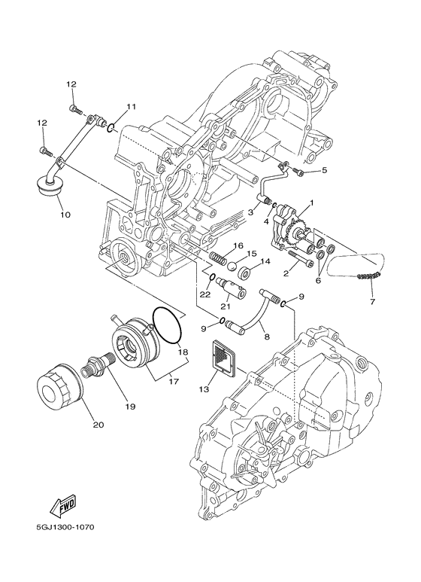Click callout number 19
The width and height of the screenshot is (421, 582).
coord(129,407)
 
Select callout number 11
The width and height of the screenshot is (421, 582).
coord(131,106)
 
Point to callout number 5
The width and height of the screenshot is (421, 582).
coord(325,170)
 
